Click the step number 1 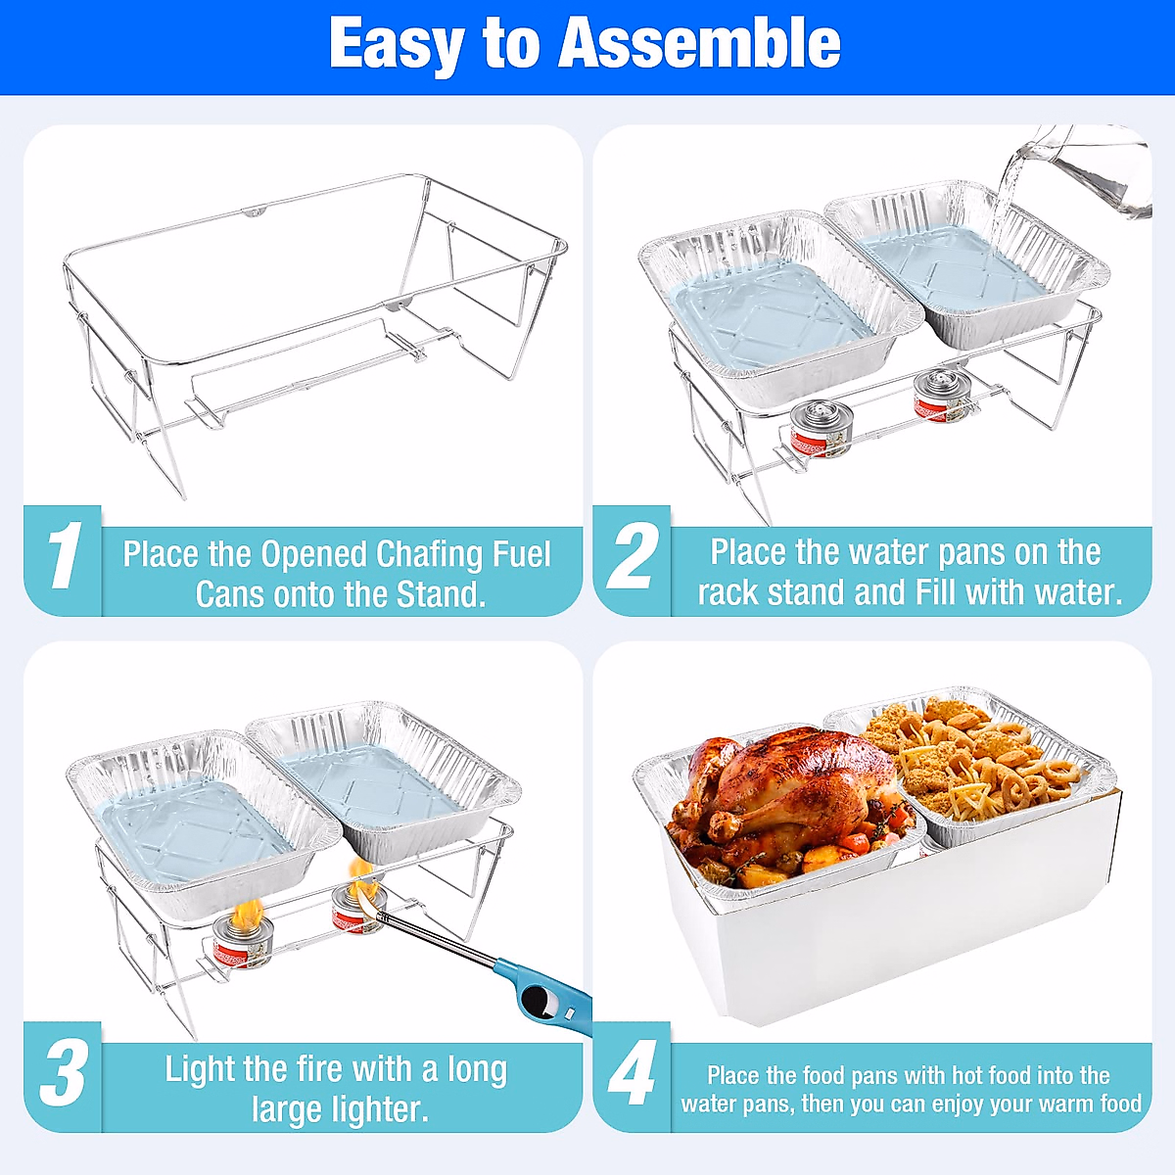coord(63,557)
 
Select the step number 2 coord(632,557)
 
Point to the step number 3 coord(63,1074)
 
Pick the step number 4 coord(632,1074)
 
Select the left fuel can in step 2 coord(822,432)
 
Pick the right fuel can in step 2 coord(937,397)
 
